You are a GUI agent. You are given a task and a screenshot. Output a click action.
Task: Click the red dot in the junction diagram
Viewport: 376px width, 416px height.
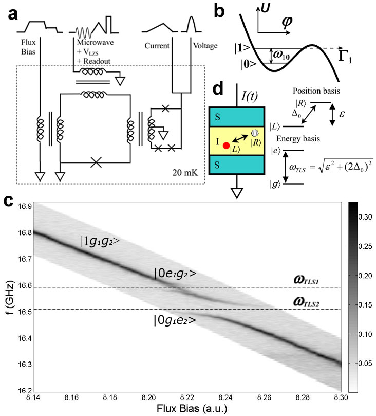coord(226,146)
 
